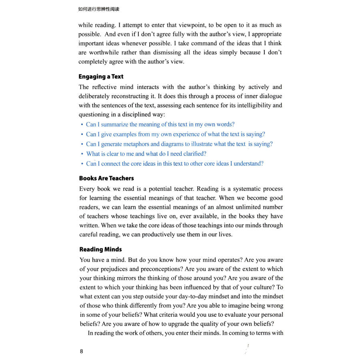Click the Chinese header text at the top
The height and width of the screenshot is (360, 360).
point(99,9)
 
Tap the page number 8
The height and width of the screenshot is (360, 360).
point(82,352)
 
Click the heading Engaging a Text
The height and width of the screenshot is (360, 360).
point(101,76)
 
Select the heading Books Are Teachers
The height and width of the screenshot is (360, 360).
point(106,178)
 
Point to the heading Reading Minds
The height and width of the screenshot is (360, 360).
point(100,250)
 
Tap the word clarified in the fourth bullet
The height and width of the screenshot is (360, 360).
point(193,154)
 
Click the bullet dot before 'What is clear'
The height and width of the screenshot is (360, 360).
point(82,154)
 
